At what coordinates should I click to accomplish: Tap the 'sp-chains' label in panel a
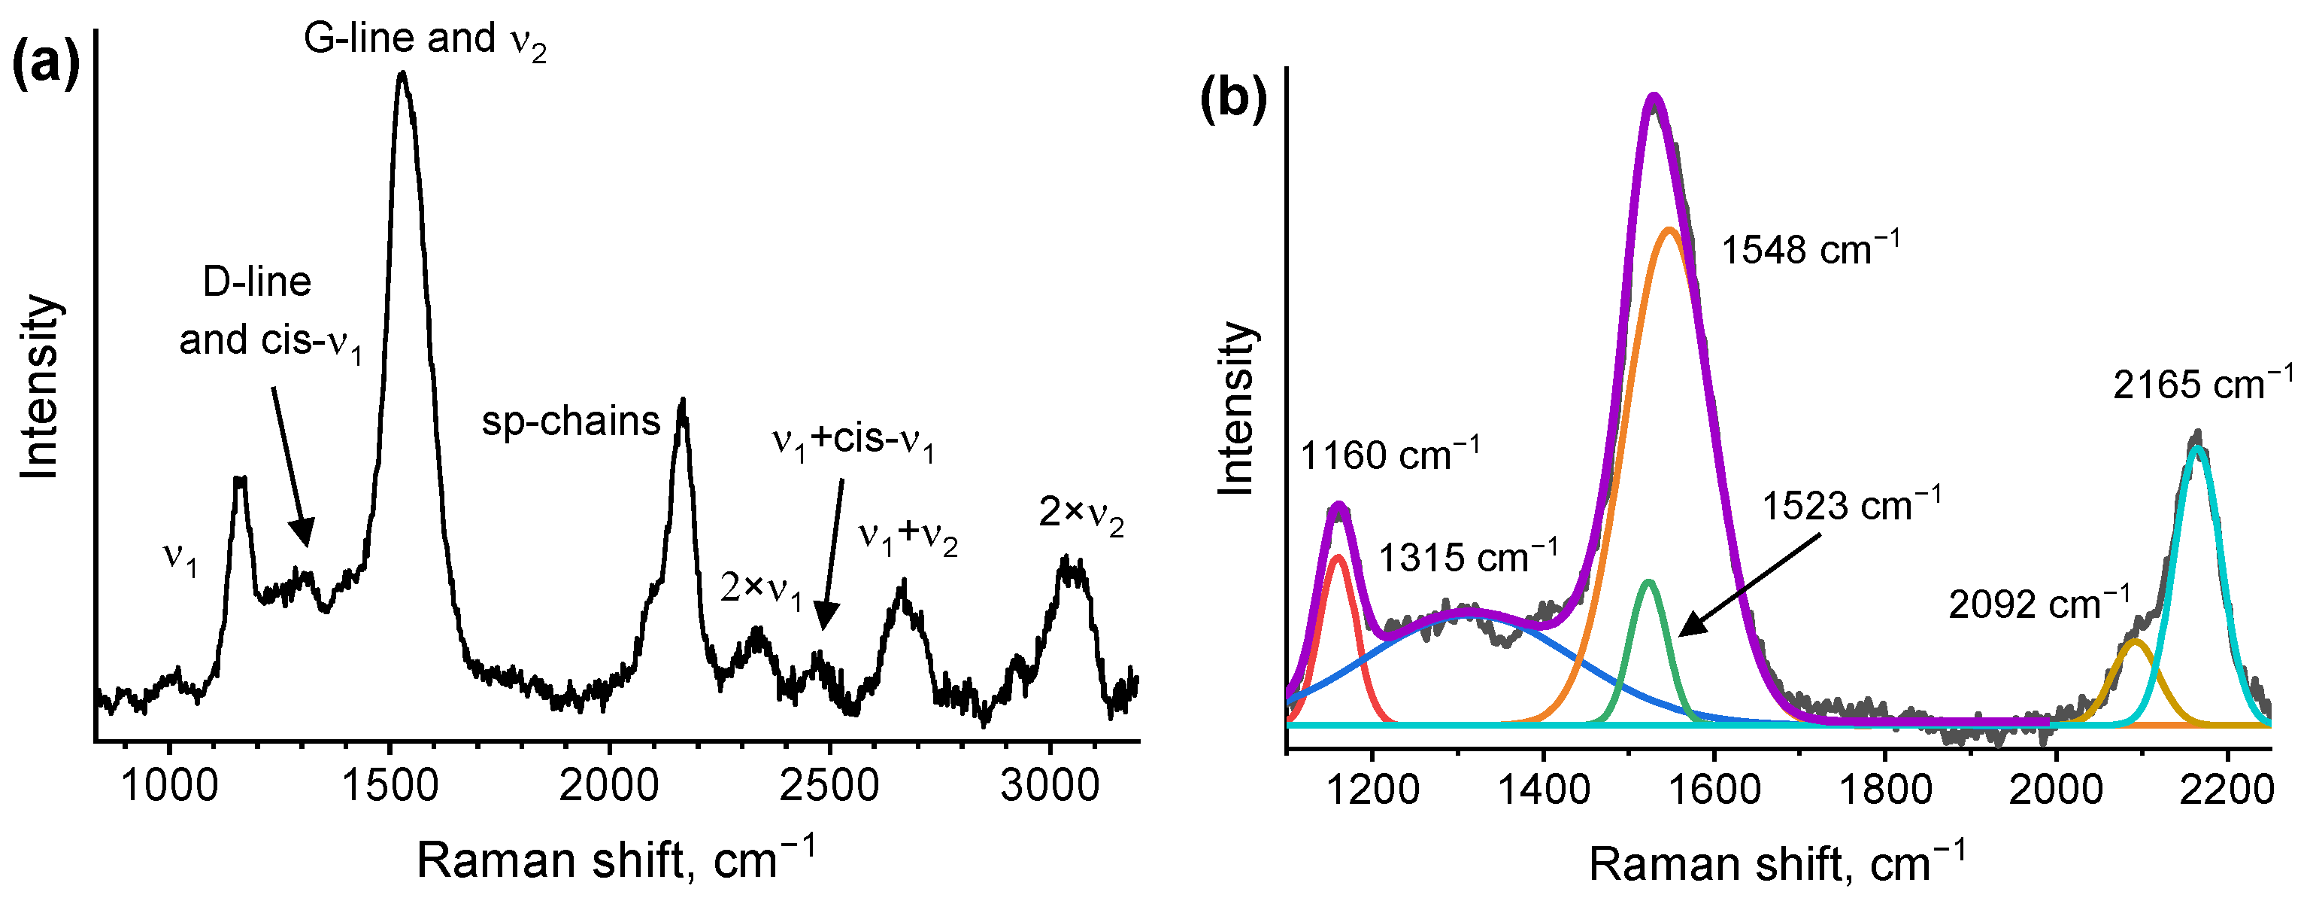(570, 421)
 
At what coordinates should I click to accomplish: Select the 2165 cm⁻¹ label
(2202, 384)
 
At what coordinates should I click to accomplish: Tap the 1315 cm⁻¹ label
(1468, 557)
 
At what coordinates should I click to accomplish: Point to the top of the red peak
(1338, 556)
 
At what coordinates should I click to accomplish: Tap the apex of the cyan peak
(2196, 447)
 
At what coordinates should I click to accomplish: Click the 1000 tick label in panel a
(168, 786)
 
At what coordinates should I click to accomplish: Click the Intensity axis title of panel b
(1237, 408)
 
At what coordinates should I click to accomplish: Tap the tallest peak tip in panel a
(402, 73)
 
